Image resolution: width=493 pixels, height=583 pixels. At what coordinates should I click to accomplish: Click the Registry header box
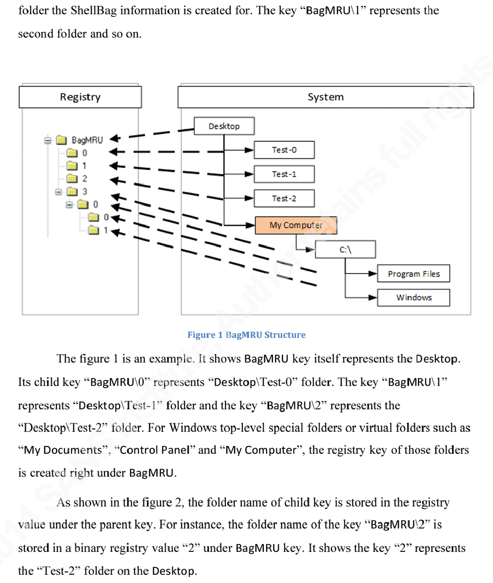80,97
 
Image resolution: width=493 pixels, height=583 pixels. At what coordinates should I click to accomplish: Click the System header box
325,97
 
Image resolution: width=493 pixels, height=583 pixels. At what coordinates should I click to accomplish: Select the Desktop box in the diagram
224,126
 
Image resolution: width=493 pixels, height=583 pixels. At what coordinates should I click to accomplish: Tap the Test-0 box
284,150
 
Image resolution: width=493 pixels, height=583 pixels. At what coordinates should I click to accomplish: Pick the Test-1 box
284,174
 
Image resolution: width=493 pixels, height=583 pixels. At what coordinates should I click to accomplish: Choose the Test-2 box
284,198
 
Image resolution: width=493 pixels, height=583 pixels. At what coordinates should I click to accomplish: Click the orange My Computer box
296,225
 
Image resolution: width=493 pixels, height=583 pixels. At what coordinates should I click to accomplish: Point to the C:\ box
345,250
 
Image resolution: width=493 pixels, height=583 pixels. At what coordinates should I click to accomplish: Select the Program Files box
413,274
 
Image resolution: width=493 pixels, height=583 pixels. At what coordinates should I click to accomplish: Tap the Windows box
413,297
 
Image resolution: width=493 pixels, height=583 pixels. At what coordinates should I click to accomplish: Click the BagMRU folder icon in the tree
61,140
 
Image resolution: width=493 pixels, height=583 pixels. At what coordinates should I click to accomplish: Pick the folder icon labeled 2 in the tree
72,178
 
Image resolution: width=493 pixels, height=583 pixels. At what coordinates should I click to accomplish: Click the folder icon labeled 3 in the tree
72,191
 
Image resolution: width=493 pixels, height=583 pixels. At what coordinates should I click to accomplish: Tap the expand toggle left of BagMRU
48,140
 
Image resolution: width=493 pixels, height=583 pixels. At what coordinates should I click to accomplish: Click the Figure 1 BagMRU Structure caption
246,335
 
